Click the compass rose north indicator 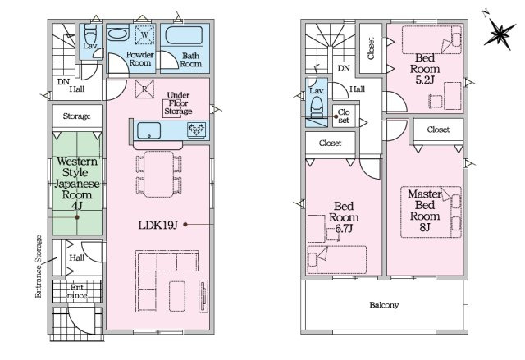pos(500,31)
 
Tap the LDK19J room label pos(157,226)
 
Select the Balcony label pos(384,305)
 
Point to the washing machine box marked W pos(144,34)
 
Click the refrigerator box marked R pos(144,89)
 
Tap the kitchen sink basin pos(149,130)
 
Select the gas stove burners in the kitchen pos(197,130)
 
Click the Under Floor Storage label pos(178,103)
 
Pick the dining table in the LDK pos(158,174)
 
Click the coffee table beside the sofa pos(177,296)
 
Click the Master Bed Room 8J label pos(425,211)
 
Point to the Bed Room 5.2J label pos(425,69)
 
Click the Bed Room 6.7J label pos(344,217)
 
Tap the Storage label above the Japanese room pos(77,116)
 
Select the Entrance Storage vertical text pos(39,267)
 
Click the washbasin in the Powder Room pos(117,34)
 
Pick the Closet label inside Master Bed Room pos(438,130)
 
